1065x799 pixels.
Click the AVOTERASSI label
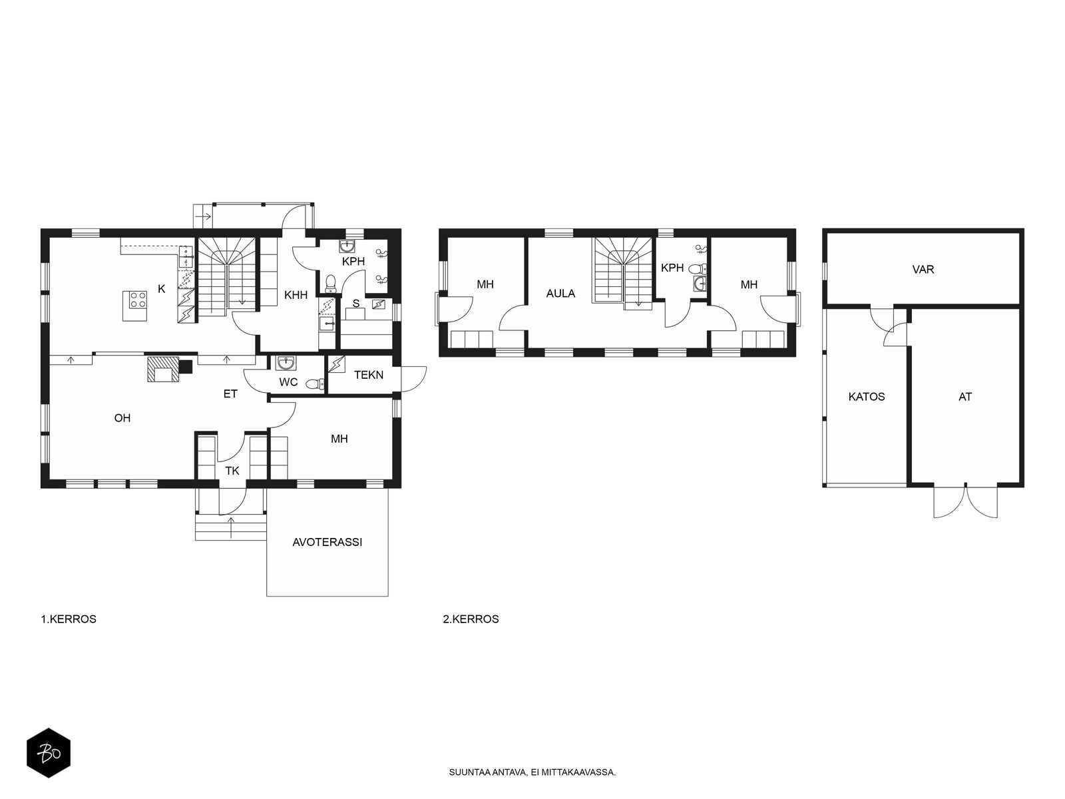point(327,542)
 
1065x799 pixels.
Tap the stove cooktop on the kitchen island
point(138,300)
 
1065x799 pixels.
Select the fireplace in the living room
point(163,369)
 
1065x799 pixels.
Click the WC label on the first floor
point(288,382)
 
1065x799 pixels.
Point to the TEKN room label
point(368,375)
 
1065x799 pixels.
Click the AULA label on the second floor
point(560,294)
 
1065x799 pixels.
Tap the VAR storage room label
point(923,270)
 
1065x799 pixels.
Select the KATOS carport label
point(867,397)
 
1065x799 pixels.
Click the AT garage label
point(965,397)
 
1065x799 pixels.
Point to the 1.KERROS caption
point(69,619)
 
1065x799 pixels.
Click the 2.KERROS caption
point(471,619)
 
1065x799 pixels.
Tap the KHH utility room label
point(296,295)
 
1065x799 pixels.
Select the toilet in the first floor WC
point(313,384)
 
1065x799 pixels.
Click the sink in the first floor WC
point(286,364)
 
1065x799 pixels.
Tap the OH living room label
point(122,418)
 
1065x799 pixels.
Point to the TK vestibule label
point(232,471)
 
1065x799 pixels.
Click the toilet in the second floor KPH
point(698,269)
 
